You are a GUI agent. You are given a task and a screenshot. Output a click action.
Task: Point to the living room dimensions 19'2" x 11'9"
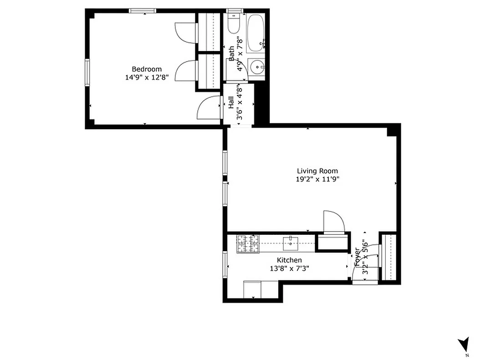click(x=317, y=179)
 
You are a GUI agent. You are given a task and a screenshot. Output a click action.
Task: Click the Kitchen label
click(x=289, y=260)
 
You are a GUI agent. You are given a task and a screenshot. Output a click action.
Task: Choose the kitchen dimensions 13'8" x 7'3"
click(x=289, y=268)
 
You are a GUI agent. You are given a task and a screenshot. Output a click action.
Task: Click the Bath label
click(x=231, y=54)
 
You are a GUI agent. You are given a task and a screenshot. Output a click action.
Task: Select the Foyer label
click(x=357, y=258)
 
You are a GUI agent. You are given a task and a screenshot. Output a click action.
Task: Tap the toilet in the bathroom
click(x=234, y=25)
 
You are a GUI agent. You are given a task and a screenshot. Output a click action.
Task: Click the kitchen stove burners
click(x=247, y=243)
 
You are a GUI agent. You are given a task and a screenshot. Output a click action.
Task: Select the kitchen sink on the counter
click(x=290, y=243)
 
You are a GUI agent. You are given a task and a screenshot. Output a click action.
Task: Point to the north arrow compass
click(x=464, y=344)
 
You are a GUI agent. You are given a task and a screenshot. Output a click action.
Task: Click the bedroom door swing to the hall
click(x=209, y=108)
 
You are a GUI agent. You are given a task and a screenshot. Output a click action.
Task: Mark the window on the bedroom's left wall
click(x=87, y=72)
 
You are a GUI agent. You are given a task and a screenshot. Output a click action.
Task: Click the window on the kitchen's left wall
click(x=225, y=264)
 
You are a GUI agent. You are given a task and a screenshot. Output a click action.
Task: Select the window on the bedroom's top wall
click(x=143, y=10)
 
